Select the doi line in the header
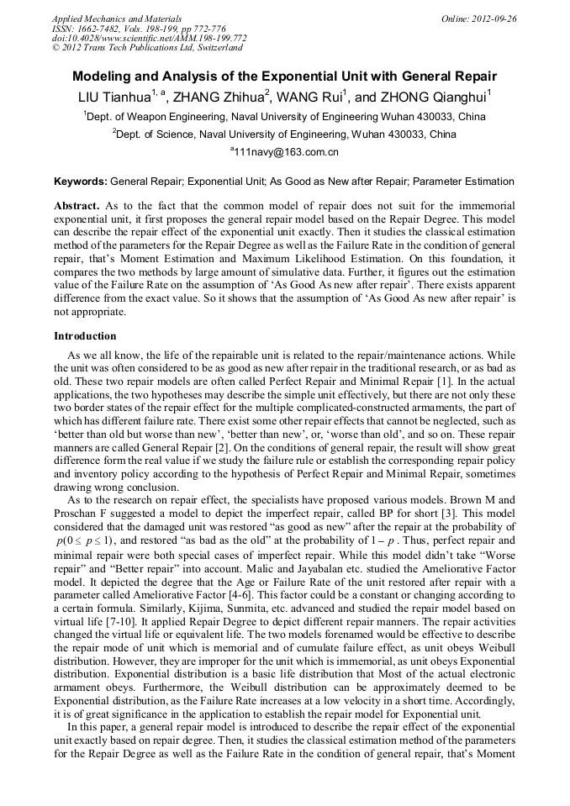(x=149, y=39)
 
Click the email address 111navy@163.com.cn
(x=285, y=152)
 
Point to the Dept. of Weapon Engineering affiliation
(x=285, y=117)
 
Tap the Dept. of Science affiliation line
(x=285, y=134)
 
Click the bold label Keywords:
(x=81, y=182)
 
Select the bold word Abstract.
(x=77, y=205)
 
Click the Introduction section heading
(x=85, y=336)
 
